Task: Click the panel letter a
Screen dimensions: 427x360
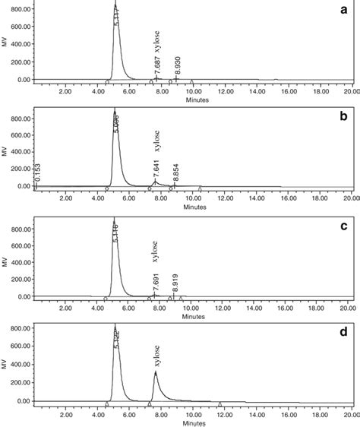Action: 352,11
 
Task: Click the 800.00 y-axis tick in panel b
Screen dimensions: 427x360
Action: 17,118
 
